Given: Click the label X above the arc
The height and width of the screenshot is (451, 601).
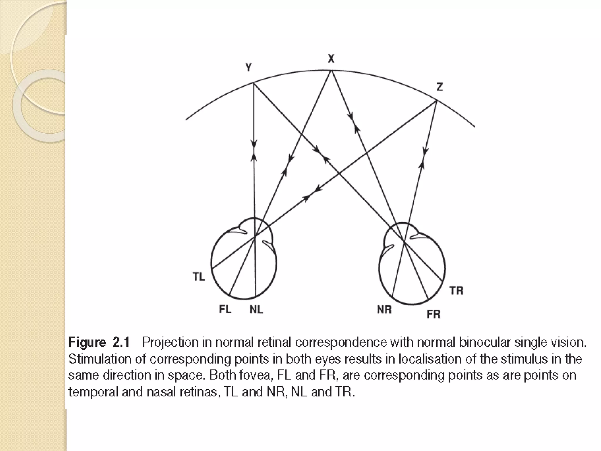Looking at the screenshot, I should (331, 59).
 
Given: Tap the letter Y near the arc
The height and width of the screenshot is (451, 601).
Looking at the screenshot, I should (249, 68).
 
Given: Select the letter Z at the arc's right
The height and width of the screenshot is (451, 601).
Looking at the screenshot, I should (439, 87).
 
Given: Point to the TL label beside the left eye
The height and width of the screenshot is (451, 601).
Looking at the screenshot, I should (199, 277).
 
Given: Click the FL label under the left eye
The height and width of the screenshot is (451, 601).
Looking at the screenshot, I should (225, 309).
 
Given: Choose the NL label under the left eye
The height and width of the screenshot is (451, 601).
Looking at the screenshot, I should (256, 309).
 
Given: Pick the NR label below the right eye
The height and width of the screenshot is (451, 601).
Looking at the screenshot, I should (384, 309).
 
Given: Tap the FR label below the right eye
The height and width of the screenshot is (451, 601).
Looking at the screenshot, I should (433, 314).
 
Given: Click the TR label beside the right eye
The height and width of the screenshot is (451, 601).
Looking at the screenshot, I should (456, 291).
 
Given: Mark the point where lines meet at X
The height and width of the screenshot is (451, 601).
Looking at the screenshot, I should (331, 70).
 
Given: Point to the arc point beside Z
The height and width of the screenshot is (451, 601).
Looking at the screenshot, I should (437, 101).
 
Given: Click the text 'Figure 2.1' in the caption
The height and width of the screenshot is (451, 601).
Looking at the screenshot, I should (99, 343).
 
